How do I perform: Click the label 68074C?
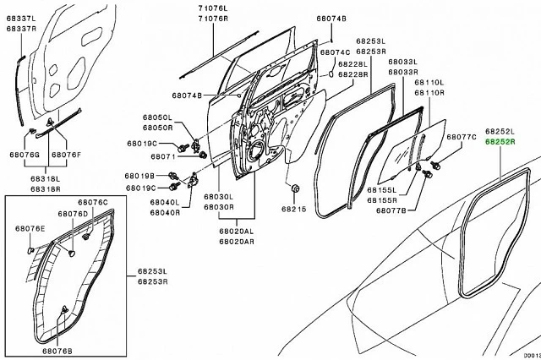tap(335, 52)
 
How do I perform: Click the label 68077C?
tap(462, 136)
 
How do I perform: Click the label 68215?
tap(294, 208)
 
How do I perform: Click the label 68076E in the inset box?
tap(30, 228)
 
